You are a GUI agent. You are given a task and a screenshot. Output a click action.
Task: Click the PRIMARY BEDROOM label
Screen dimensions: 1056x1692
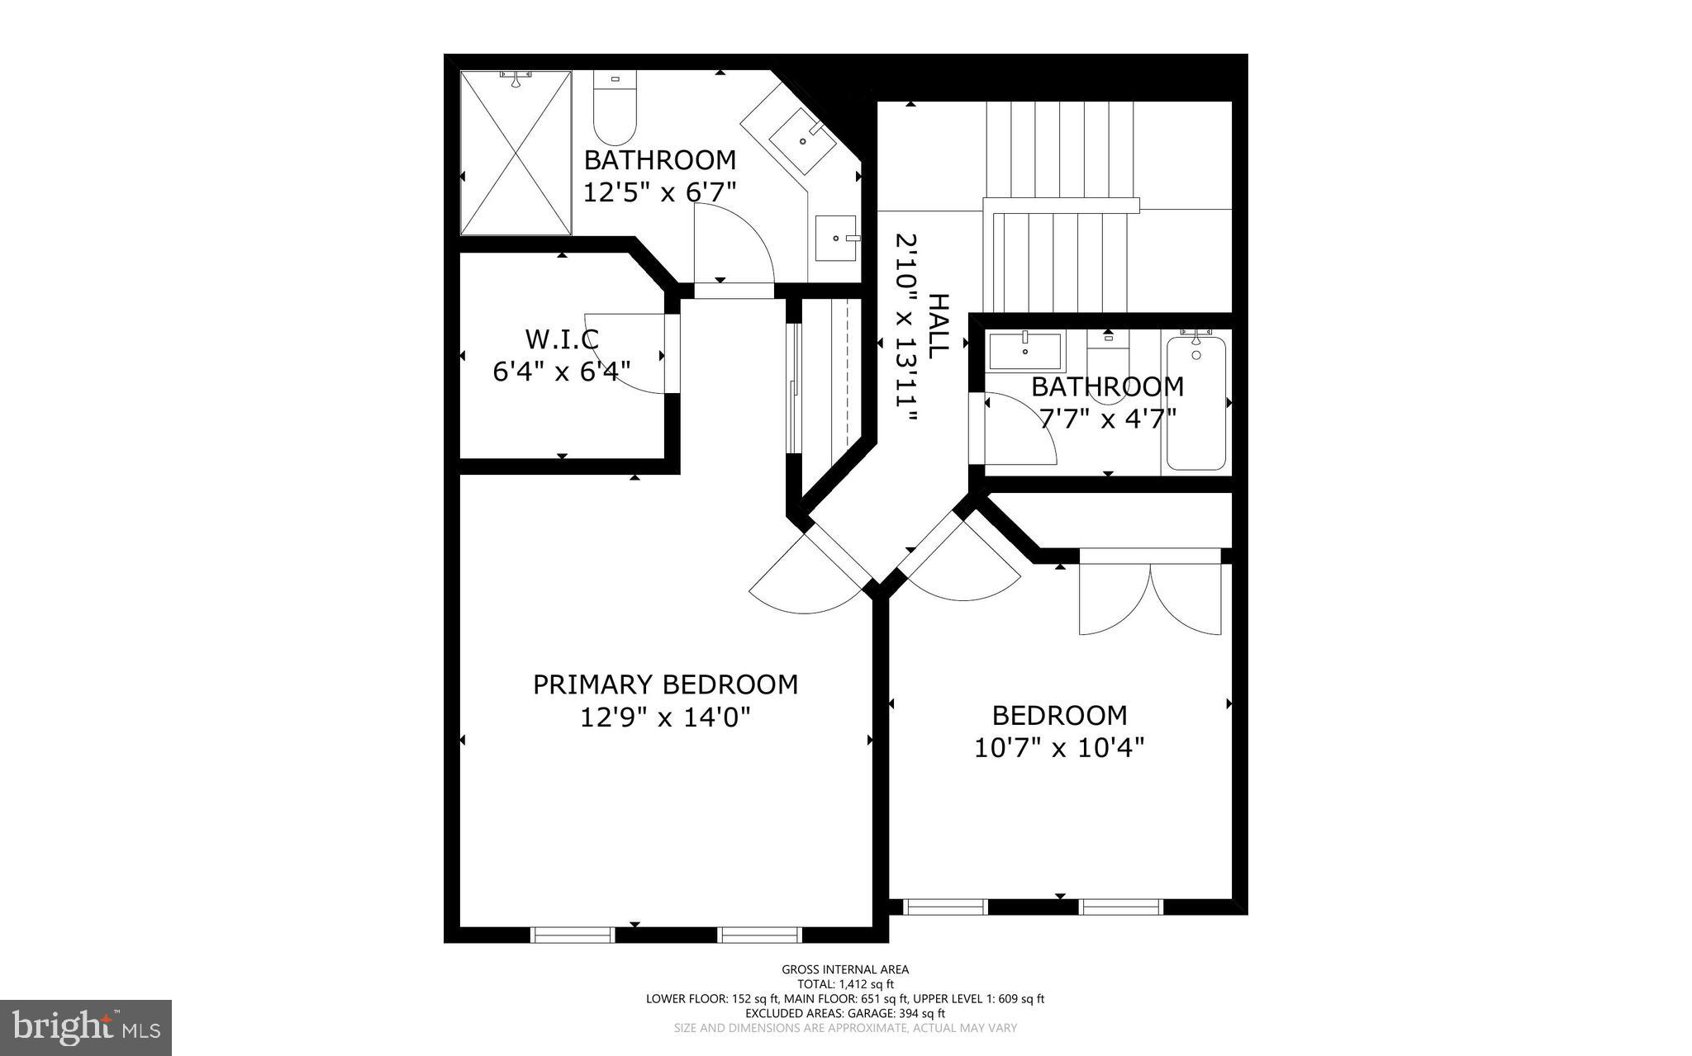coord(665,684)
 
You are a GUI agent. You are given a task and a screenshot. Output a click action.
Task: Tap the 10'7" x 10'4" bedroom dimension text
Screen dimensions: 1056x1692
coord(1059,748)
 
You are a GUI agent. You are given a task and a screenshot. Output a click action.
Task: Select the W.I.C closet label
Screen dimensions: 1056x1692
coord(561,339)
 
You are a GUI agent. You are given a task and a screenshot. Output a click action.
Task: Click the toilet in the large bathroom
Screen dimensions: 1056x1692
coord(615,111)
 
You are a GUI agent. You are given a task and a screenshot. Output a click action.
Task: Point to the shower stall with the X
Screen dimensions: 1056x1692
coord(516,154)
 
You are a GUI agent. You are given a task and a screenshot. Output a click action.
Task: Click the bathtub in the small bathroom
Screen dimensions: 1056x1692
coord(1195,405)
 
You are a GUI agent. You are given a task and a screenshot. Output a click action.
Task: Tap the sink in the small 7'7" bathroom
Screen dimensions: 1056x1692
coord(1024,351)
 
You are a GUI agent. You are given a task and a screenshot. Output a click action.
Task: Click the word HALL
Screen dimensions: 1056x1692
coord(938,326)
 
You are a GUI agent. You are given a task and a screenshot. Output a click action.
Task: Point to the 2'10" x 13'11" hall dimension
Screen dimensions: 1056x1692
coord(907,328)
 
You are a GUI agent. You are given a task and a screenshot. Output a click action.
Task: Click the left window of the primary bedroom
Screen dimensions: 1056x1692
coord(572,935)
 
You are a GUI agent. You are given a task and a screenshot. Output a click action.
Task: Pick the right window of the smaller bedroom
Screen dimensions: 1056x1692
coord(1121,907)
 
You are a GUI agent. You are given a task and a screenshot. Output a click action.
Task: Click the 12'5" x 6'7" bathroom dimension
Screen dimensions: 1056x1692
coord(659,192)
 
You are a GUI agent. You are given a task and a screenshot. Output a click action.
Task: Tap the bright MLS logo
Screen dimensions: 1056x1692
coord(86,1026)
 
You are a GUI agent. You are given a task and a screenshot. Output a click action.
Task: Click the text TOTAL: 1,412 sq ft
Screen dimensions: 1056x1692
coord(845,984)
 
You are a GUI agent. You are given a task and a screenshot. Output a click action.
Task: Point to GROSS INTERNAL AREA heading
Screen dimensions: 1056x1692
coord(845,969)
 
